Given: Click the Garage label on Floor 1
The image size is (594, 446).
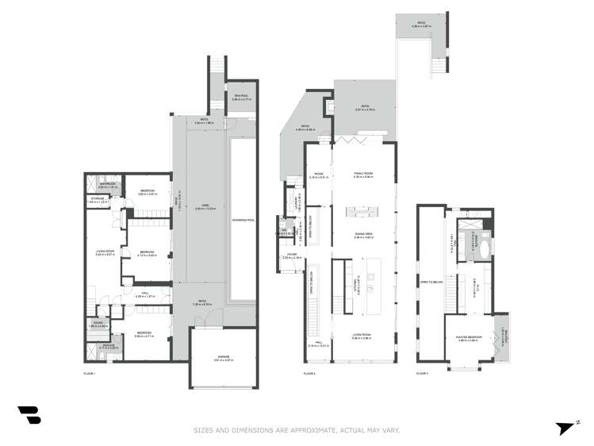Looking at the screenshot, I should tap(223, 358).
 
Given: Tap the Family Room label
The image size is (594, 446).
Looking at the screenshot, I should tap(363, 174).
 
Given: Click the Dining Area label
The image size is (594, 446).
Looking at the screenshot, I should tap(363, 235).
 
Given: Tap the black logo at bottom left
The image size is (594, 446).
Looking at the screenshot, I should tap(29, 415).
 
